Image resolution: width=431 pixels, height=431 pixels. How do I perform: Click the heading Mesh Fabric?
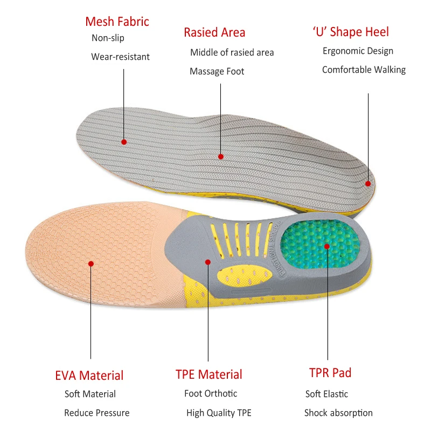[x=117, y=22]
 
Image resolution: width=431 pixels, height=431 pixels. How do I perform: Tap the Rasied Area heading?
[x=214, y=32]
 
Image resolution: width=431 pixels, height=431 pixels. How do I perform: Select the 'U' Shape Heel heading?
[x=351, y=32]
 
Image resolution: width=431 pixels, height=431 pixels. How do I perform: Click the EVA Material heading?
[x=89, y=376]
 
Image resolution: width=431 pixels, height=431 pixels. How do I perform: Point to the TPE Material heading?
[x=208, y=374]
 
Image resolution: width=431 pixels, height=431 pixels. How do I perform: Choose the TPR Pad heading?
[x=330, y=372]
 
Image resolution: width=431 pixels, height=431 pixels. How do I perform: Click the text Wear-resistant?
[x=120, y=57]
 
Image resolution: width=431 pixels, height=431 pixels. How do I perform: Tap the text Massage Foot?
[x=217, y=71]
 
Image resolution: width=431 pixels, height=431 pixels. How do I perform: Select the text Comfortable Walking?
[x=364, y=69]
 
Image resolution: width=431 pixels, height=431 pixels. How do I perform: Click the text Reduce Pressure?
[x=97, y=413]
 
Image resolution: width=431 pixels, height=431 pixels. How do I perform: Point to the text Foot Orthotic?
[x=211, y=393]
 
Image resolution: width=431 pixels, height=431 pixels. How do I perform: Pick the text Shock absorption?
[x=338, y=413]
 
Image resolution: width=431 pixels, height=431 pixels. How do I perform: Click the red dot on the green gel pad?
[x=327, y=246]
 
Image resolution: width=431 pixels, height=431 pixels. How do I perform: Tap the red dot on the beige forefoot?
[x=91, y=263]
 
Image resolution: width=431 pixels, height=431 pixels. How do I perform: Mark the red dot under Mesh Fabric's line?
[x=124, y=142]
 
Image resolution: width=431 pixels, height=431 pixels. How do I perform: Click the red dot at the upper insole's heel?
[x=368, y=183]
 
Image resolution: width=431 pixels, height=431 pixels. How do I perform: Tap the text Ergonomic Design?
[x=358, y=51]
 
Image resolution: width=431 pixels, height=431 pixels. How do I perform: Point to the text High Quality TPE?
[x=219, y=413]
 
